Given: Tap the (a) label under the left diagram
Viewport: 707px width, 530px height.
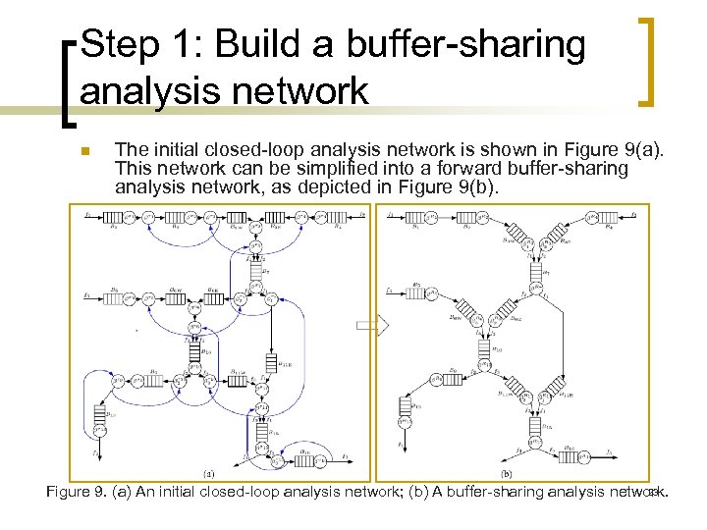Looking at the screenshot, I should [209, 472].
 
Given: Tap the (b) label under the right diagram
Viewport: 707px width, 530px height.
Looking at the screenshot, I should [507, 472].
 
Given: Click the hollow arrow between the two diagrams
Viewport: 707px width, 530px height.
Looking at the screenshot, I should [379, 325].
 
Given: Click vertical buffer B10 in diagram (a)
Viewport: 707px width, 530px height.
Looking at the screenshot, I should [193, 347].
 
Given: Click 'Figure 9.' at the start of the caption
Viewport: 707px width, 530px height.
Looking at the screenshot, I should [77, 492].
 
